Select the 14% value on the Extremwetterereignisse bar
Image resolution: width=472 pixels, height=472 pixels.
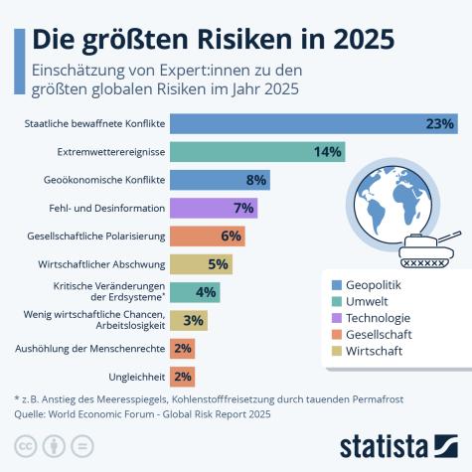tap(327, 152)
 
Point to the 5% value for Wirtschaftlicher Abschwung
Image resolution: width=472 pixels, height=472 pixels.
tap(219, 264)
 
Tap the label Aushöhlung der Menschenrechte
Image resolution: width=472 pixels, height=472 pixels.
tap(89, 349)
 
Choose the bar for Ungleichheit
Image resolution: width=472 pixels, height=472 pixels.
tap(182, 377)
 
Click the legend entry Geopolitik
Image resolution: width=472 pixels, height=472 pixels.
tap(374, 285)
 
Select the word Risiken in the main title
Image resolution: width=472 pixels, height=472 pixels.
tap(246, 39)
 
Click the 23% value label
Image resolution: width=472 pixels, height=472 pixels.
tap(439, 124)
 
